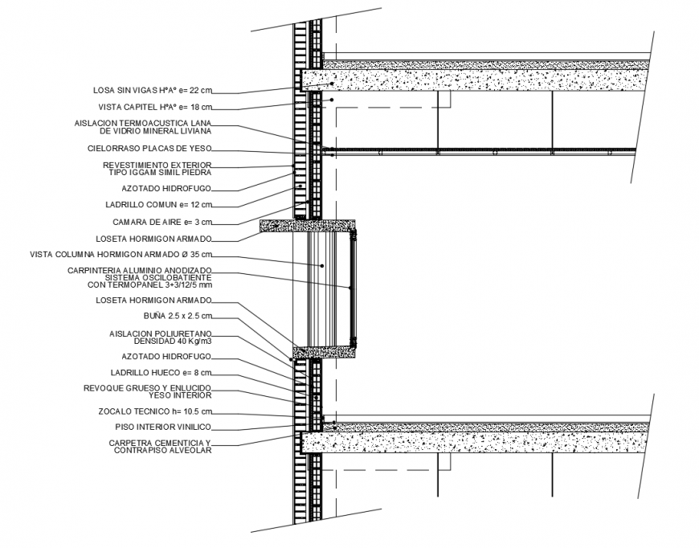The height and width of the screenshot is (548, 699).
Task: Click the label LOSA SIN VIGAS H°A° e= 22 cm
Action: pyautogui.click(x=153, y=90)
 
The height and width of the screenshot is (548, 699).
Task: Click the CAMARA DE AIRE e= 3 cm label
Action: pyautogui.click(x=163, y=222)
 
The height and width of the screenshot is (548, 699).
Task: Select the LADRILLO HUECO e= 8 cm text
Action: pyautogui.click(x=161, y=372)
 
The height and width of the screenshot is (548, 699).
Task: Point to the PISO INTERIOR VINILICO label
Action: pyautogui.click(x=161, y=427)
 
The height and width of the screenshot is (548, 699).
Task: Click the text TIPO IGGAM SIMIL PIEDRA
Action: pyautogui.click(x=161, y=173)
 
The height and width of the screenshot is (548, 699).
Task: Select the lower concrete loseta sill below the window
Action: pyautogui.click(x=325, y=351)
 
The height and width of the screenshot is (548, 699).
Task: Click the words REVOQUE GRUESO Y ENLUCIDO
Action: pyautogui.click(x=148, y=387)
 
